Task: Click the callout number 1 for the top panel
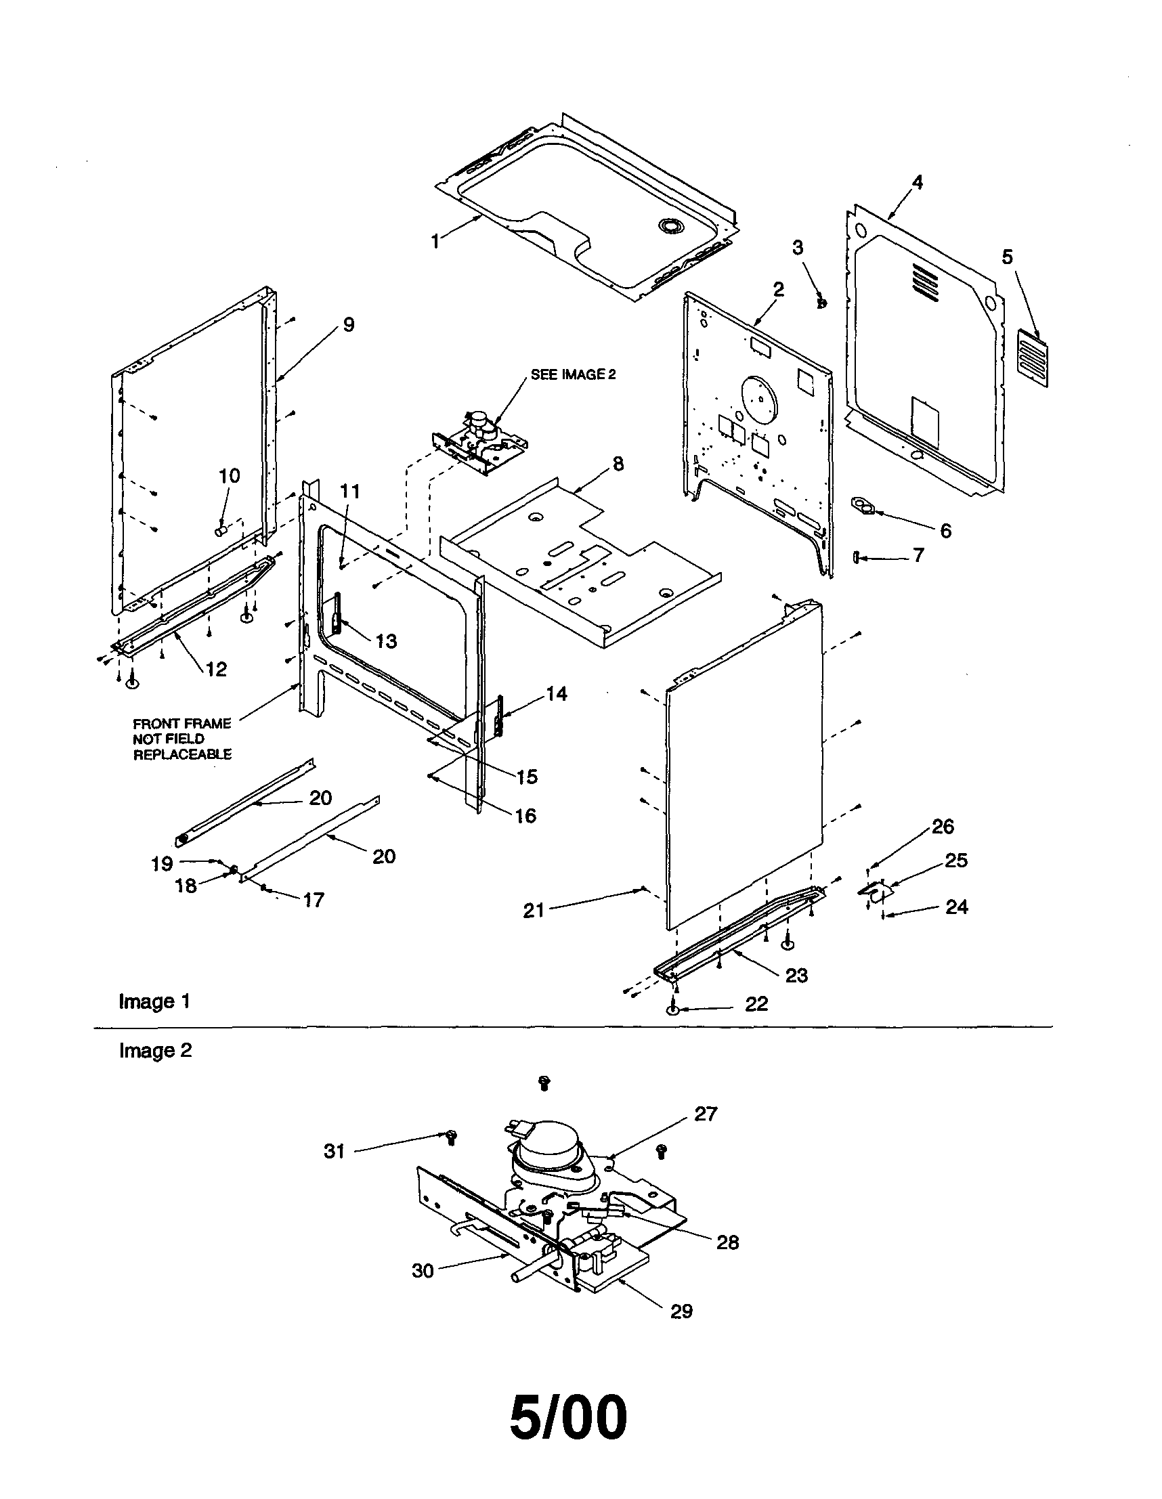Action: [435, 241]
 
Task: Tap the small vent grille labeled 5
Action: [1032, 358]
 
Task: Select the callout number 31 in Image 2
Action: [334, 1151]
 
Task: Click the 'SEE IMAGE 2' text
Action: [573, 374]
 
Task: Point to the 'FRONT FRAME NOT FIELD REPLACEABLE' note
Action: [182, 739]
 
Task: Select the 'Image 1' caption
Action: [154, 1001]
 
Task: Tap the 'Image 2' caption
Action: [155, 1051]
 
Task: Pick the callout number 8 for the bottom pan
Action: [618, 464]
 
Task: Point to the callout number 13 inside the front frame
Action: [386, 641]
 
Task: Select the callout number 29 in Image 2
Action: [681, 1311]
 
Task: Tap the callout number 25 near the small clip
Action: [956, 860]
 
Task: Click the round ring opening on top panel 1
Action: [668, 224]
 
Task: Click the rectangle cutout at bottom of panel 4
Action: [924, 416]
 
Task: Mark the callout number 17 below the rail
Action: [313, 900]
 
